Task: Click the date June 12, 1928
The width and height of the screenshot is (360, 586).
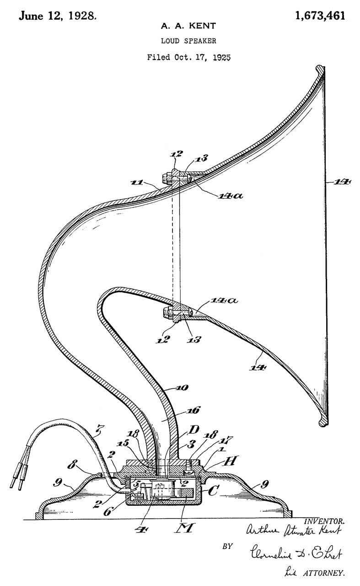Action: pos(57,16)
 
